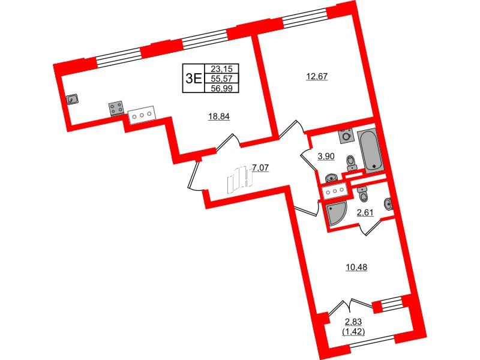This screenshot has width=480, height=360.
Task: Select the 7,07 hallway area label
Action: (260, 168)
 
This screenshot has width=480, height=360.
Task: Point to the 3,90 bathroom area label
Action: (326, 156)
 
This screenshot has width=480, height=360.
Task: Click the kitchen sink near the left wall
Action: (73, 100)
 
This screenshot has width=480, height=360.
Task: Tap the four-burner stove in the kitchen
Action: (116, 109)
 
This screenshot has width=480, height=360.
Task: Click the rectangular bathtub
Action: (368, 150)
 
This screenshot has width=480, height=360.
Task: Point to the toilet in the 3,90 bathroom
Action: (352, 162)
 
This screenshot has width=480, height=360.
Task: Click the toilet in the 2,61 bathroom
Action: (362, 194)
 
